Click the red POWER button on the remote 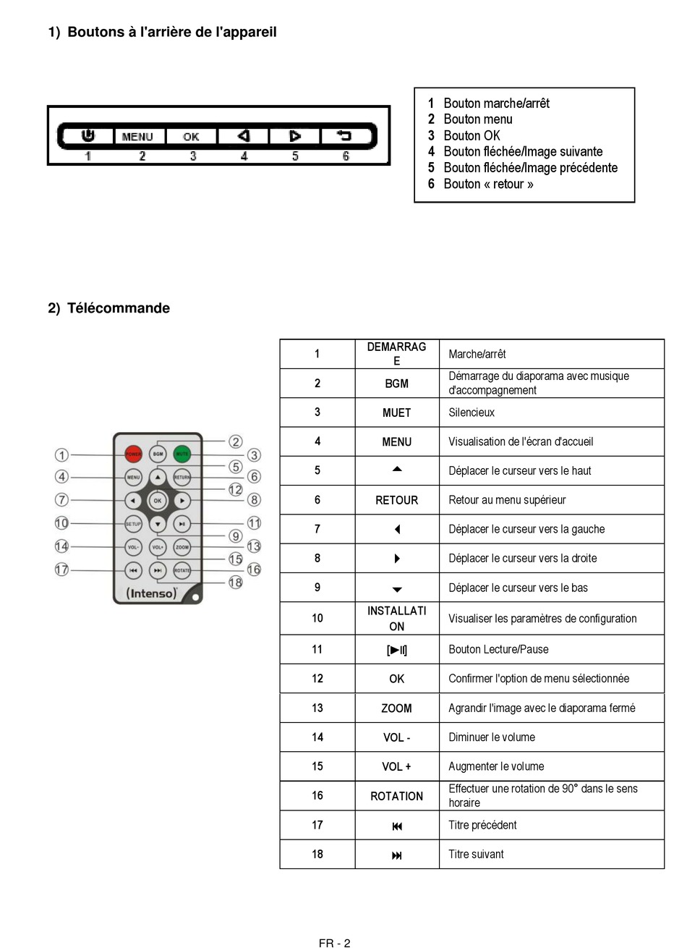(133, 454)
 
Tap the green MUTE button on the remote (182, 454)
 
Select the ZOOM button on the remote (182, 547)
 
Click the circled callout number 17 (62, 570)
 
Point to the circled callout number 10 (62, 523)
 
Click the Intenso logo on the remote (152, 593)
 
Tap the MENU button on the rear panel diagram (137, 136)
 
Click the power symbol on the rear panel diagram (88, 135)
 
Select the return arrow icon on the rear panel (344, 135)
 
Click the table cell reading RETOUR (396, 500)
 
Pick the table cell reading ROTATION (396, 796)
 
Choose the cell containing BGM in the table (396, 384)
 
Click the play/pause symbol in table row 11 (396, 650)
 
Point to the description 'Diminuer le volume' (492, 737)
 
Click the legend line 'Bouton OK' (471, 135)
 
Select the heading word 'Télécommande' (119, 308)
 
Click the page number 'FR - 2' (334, 942)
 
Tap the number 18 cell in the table (317, 854)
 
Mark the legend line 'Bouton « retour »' (488, 184)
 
